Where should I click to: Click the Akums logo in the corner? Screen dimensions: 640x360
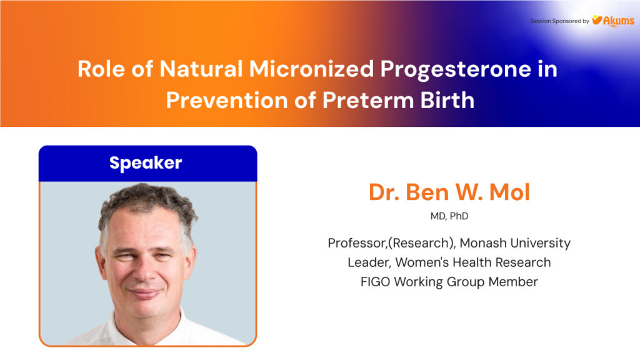coord(613,21)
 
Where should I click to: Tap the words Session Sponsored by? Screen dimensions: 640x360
coord(559,21)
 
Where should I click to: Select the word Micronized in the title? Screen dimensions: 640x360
coord(311,69)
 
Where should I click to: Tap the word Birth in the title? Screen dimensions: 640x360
coord(447,100)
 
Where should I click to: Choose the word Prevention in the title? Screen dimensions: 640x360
coord(226,100)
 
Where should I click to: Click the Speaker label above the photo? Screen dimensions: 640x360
coord(146,163)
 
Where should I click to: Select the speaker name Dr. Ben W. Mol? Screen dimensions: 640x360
coord(449,192)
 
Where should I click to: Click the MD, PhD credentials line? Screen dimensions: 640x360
coord(449,216)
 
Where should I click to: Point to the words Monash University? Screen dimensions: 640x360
coord(515,243)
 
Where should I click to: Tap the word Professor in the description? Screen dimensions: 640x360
coord(357,243)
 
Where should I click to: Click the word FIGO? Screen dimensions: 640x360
coord(376,282)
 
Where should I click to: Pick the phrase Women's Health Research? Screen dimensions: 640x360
coord(473,262)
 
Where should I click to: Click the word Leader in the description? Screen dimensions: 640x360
coord(369,262)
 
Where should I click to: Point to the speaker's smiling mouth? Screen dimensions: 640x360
coord(144,292)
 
